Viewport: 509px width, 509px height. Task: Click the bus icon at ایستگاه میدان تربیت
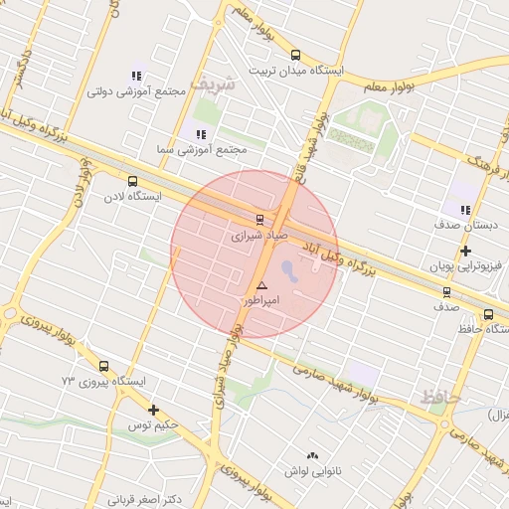295,56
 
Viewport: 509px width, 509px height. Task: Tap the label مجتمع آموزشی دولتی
137,91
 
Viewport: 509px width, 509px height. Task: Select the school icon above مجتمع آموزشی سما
201,133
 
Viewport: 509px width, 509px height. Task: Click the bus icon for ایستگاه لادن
133,181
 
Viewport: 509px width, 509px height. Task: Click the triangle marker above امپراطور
261,285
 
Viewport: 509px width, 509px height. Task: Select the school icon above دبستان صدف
464,209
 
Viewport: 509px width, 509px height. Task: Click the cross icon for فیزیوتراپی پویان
466,251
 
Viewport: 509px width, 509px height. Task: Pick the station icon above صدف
446,292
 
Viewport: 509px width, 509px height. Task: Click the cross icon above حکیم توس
153,410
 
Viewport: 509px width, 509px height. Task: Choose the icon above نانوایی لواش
313,455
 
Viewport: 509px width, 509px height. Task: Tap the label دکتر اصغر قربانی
145,499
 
